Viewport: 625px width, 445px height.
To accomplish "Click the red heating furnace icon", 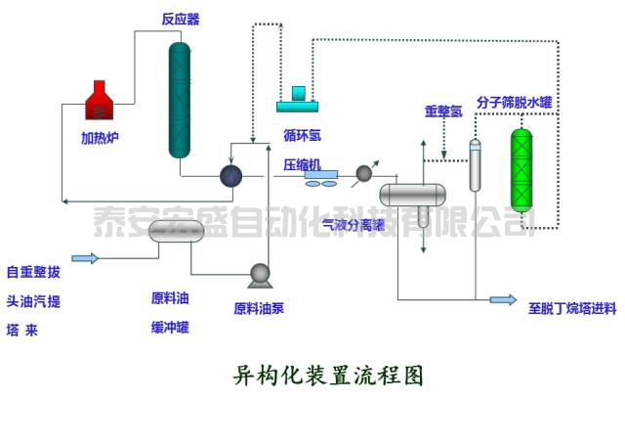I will [x=102, y=103].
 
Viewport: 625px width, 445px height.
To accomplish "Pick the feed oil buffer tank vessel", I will [x=176, y=231].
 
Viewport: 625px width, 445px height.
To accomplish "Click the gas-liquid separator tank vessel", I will [x=412, y=193].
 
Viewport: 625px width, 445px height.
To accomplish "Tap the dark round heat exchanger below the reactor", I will [x=230, y=175].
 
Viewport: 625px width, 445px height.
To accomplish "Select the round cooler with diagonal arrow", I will [x=364, y=173].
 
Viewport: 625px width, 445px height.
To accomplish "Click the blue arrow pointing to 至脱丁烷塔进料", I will [x=502, y=300].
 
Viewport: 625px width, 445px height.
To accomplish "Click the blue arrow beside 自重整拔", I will [x=85, y=258].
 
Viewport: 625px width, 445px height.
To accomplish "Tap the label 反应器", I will [x=181, y=19].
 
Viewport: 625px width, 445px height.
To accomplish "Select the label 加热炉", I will [x=101, y=138].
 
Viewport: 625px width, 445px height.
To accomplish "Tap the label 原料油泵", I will [x=259, y=309].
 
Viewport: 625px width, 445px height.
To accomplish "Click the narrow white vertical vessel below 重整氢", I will [x=476, y=165].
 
